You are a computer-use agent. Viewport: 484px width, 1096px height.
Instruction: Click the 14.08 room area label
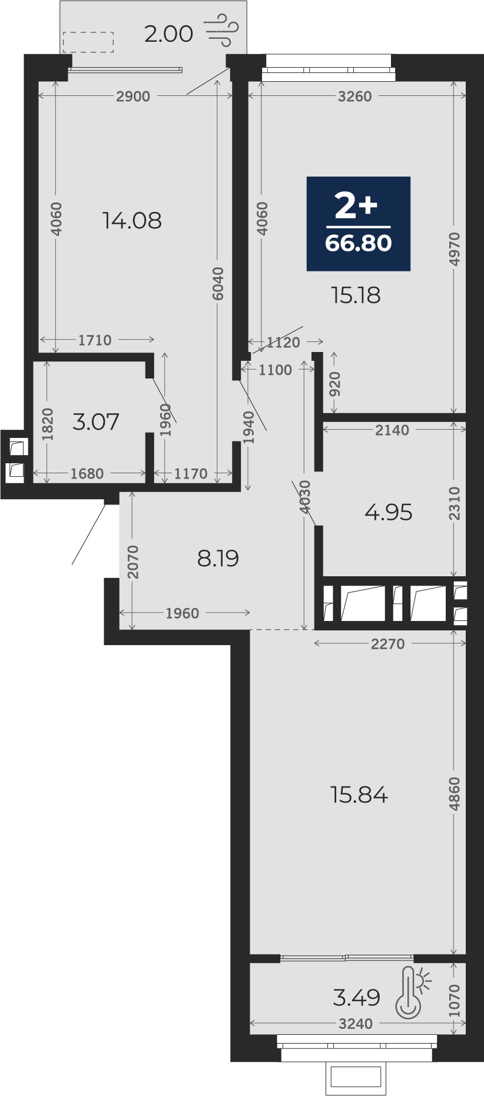(132, 221)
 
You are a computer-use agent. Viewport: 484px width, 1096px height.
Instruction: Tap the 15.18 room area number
(356, 295)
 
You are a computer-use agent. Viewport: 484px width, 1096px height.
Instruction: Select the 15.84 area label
(359, 795)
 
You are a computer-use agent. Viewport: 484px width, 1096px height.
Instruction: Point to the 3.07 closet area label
(96, 422)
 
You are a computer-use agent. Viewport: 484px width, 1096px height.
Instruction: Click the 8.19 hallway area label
(218, 559)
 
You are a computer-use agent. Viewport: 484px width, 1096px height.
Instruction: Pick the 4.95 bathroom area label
(389, 513)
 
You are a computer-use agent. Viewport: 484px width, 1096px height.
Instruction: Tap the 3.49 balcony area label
(357, 998)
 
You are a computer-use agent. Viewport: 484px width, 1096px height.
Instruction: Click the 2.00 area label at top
(168, 34)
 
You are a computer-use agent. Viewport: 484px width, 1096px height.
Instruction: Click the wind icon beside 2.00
(221, 32)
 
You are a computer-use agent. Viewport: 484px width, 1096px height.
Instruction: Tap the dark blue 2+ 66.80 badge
(358, 224)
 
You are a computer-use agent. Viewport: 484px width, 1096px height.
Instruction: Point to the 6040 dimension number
(218, 284)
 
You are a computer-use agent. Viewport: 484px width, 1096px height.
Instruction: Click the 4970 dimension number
(454, 249)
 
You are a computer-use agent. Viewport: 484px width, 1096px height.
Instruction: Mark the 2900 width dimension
(133, 97)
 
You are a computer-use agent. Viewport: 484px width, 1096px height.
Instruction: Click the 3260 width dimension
(354, 97)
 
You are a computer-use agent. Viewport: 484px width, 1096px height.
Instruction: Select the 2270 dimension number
(387, 644)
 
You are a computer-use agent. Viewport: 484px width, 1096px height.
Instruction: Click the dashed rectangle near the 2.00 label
(88, 42)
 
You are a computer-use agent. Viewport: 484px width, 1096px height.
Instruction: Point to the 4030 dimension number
(304, 497)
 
